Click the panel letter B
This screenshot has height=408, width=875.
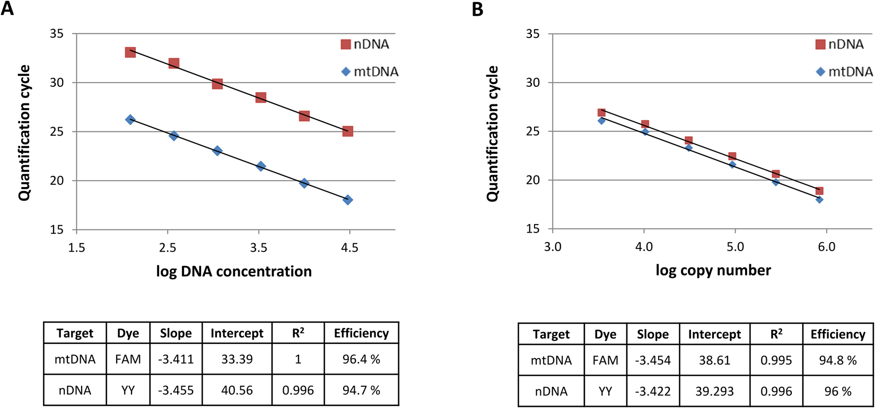[x=477, y=9]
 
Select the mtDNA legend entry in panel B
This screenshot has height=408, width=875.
[x=845, y=72]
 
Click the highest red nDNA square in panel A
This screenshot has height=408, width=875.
[x=130, y=52]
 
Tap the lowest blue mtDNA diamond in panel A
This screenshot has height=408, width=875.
[x=348, y=200]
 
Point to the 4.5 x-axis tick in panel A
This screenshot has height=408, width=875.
[x=349, y=247]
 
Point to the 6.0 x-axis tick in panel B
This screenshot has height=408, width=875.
[x=826, y=247]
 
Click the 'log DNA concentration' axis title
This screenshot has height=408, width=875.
[x=234, y=271]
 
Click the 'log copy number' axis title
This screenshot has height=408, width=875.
[x=713, y=270]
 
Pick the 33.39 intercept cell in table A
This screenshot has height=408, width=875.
[x=237, y=359]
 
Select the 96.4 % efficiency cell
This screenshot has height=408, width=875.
[x=361, y=359]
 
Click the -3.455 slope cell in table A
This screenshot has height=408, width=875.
[x=176, y=391]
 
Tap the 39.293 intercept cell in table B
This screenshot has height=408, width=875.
[x=714, y=392]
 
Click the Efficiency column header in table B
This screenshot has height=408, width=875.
[x=838, y=334]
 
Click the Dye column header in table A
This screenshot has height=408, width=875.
[x=128, y=333]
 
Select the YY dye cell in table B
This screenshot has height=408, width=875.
[x=605, y=392]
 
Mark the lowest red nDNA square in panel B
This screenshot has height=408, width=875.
[x=819, y=191]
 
